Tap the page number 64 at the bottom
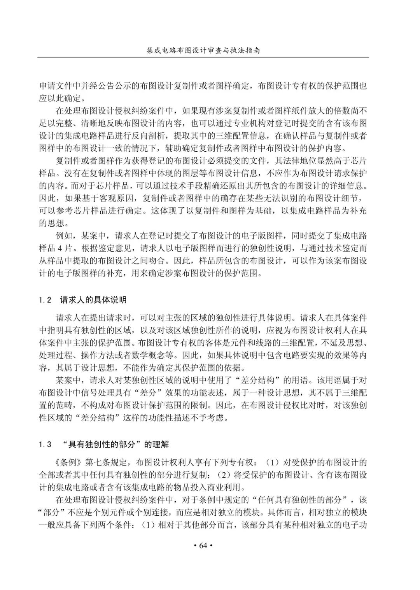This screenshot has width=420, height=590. (203, 546)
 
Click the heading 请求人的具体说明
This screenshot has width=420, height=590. (93, 300)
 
